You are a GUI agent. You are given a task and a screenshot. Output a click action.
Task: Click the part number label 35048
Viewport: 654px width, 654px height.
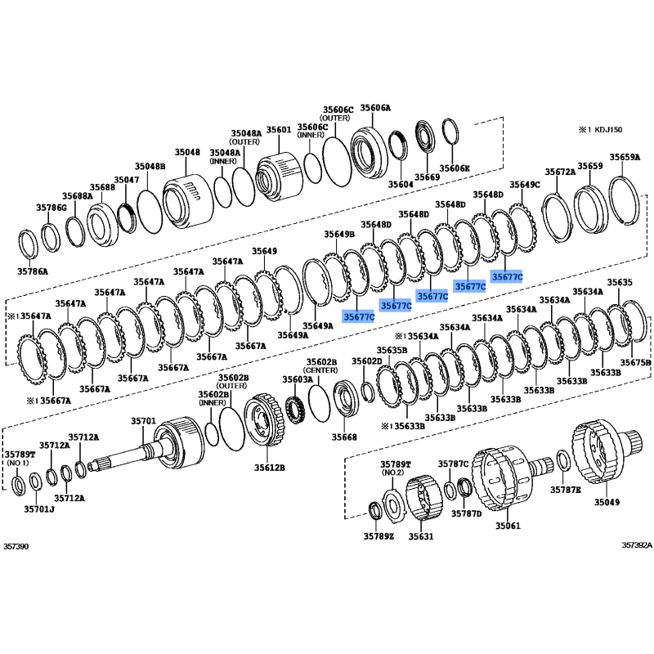point(187,153)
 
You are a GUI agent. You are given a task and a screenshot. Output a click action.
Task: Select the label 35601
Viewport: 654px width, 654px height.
point(279,130)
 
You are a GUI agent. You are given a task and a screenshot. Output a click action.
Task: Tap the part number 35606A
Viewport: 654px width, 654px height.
point(375,108)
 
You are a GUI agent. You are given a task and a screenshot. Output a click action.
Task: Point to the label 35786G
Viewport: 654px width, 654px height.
point(51,208)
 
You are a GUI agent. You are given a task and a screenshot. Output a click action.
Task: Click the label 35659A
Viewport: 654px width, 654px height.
point(625,157)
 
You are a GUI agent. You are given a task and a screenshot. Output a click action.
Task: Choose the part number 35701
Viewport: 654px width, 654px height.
point(143,421)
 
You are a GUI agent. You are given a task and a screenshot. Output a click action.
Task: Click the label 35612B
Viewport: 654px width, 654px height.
point(270,468)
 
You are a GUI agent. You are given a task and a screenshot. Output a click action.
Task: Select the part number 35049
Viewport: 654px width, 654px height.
point(607,502)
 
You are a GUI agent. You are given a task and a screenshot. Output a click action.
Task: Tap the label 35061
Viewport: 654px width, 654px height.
point(508,526)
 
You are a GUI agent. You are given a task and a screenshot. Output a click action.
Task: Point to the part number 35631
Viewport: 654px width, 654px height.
point(421,536)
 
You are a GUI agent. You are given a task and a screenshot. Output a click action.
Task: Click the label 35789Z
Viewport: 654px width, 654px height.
point(379,536)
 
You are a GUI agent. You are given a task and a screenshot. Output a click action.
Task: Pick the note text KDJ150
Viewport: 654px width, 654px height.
point(607,130)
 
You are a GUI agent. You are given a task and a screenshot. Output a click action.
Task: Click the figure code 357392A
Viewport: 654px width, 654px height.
point(637,545)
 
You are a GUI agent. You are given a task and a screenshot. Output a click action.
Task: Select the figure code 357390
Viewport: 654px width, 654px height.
point(16,546)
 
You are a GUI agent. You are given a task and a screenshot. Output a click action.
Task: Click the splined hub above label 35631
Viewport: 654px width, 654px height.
point(423,498)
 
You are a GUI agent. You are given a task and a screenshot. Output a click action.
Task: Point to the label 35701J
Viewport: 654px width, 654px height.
point(38,508)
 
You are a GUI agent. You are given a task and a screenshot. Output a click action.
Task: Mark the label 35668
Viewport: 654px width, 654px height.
point(344,437)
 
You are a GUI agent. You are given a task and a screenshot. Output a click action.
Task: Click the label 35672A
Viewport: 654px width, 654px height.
point(560,172)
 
